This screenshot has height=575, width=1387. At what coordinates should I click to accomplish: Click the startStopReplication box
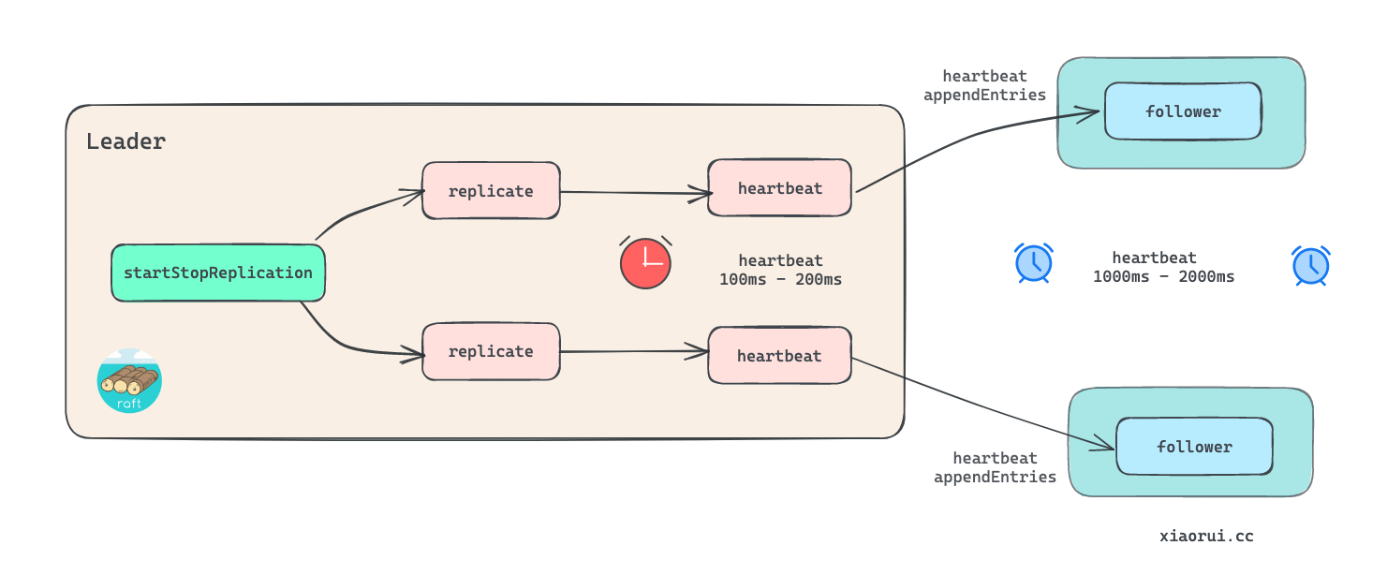217,273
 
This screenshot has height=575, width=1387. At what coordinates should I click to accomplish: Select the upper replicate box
491,191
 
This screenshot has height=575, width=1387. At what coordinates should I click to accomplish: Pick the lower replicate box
491,351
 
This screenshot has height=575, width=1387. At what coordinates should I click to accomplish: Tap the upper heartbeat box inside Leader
779,188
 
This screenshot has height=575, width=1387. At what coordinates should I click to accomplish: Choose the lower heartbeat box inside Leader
779,356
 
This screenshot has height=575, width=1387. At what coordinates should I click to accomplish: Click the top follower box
1183,111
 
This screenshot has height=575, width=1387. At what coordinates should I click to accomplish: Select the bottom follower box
1194,447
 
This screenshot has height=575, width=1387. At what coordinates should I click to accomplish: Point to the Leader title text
125,141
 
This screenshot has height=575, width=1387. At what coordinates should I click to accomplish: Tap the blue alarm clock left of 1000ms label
1034,263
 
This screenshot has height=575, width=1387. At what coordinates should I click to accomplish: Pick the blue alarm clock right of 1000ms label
1311,266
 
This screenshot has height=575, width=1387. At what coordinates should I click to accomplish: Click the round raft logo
129,381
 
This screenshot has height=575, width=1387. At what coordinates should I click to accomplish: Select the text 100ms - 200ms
780,278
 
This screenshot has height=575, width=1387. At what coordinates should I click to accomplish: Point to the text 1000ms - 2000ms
1163,276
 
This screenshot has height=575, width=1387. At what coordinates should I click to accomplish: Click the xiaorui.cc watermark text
1206,537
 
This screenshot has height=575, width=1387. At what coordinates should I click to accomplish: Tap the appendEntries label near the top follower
984,95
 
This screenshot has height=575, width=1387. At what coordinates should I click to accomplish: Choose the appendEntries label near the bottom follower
995,477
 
